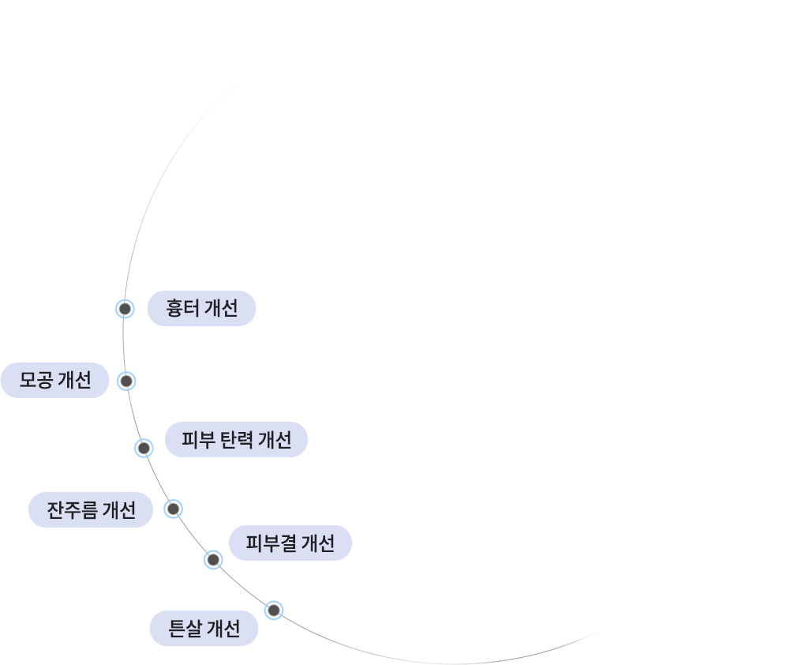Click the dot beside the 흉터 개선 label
125,308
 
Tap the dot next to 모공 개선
126,381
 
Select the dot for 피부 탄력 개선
144,448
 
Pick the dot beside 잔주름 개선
173,509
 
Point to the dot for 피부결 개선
213,559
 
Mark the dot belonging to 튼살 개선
274,611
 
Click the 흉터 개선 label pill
202,308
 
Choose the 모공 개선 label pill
54,380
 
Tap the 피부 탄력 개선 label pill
236,439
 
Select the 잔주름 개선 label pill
91,509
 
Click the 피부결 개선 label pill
290,543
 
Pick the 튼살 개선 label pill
204,629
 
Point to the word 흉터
182,308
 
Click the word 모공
36,380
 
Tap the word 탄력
236,440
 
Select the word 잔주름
72,510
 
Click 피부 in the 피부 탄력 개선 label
198,440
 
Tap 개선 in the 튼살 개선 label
223,629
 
